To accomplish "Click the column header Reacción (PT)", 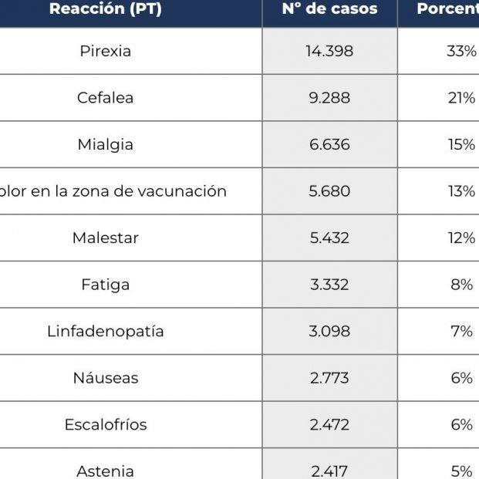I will pyautogui.click(x=106, y=9).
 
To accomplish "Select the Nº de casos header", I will pyautogui.click(x=329, y=9).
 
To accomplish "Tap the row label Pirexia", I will pyautogui.click(x=106, y=52).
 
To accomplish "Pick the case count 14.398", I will pyautogui.click(x=329, y=52).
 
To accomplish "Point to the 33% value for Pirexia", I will pyautogui.click(x=461, y=52).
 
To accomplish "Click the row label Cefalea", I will pyautogui.click(x=106, y=98).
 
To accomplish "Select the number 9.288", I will pyautogui.click(x=329, y=98).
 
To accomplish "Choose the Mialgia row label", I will pyautogui.click(x=106, y=145).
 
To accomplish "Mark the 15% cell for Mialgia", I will pyautogui.click(x=461, y=145).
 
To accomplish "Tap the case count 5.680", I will pyautogui.click(x=329, y=191).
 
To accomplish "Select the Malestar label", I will pyautogui.click(x=106, y=238).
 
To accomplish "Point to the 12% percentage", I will pyautogui.click(x=461, y=238).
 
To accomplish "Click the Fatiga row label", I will pyautogui.click(x=106, y=285).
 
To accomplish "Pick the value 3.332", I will pyautogui.click(x=329, y=285).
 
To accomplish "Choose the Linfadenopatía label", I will pyautogui.click(x=106, y=332).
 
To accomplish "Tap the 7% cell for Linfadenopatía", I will pyautogui.click(x=461, y=332).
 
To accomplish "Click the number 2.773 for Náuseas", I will pyautogui.click(x=329, y=378).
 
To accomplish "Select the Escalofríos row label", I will pyautogui.click(x=106, y=424).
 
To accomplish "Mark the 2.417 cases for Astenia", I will pyautogui.click(x=329, y=471).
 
